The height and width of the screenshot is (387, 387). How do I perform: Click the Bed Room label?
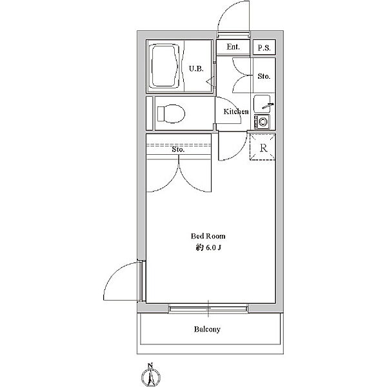(208, 236)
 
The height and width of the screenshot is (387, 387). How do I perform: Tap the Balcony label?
(207, 329)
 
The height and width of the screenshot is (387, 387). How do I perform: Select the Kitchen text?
(236, 112)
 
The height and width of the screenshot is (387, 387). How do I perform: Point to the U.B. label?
(196, 68)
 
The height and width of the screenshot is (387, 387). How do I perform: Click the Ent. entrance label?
(233, 46)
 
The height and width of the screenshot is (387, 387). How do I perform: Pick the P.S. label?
(264, 48)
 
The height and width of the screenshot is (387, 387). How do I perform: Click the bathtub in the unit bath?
(165, 66)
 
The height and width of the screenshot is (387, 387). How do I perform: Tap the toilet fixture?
(171, 114)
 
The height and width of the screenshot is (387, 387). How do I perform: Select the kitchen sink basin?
(262, 103)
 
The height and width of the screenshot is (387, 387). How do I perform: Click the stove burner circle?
(263, 122)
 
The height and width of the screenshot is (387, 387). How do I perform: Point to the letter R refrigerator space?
(263, 148)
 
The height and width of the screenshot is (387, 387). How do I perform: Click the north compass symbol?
(151, 375)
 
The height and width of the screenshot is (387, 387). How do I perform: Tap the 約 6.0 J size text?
(208, 248)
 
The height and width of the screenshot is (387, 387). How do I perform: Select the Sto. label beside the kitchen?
(264, 76)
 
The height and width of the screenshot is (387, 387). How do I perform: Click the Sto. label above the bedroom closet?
(178, 150)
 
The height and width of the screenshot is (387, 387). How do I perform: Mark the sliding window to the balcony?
(208, 308)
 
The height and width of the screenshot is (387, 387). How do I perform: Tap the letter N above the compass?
(150, 365)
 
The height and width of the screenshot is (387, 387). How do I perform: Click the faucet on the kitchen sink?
(268, 106)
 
